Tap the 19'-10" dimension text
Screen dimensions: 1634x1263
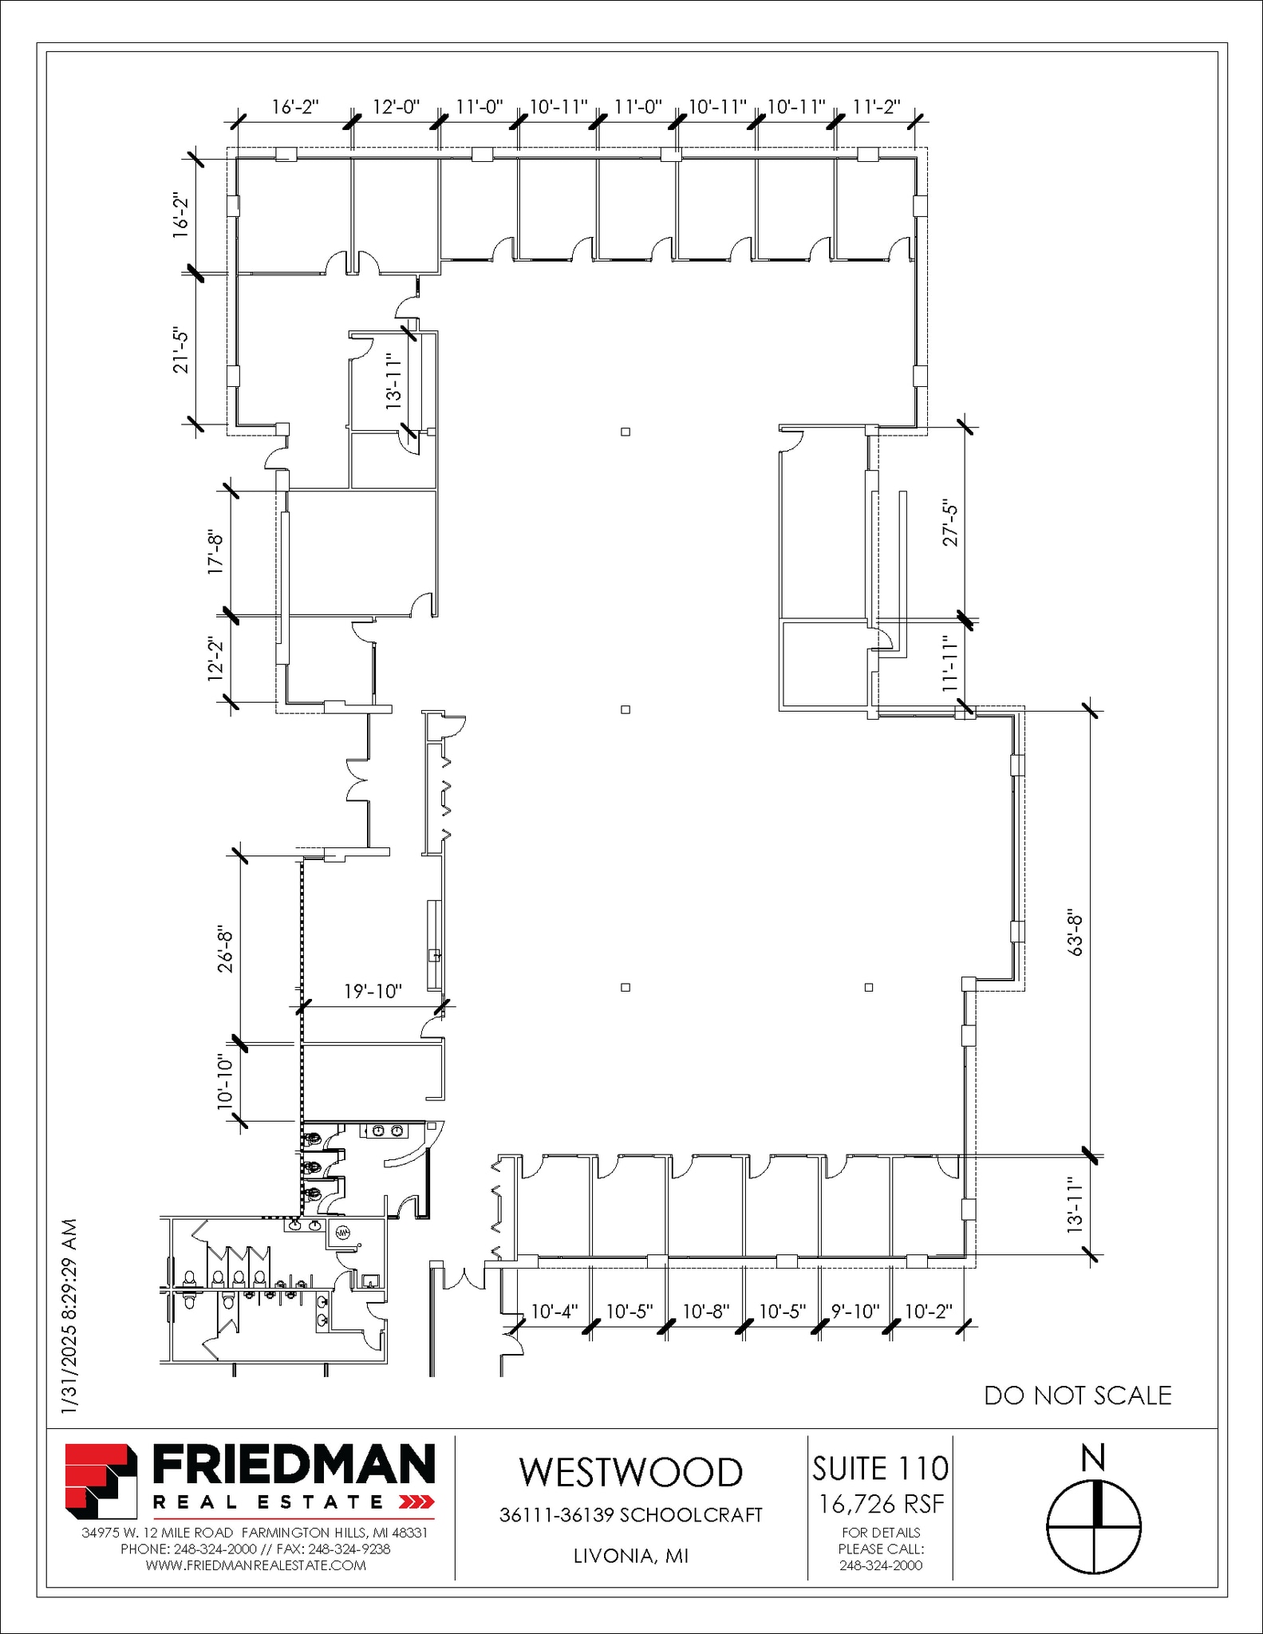373,992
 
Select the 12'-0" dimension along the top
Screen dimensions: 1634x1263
396,107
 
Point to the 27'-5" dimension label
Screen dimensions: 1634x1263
950,523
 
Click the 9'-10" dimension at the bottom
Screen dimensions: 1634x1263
854,1312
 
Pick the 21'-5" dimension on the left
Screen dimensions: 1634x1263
182,351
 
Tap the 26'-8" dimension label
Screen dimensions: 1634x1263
226,949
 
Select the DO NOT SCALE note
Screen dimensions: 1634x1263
1077,1395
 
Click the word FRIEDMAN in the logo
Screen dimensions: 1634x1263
294,1466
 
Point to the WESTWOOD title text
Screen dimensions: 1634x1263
630,1473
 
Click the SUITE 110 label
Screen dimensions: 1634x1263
880,1469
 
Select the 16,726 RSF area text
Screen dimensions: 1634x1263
881,1504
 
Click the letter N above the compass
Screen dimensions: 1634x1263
1092,1458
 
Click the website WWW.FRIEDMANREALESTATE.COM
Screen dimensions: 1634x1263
255,1565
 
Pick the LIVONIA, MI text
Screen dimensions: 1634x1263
630,1557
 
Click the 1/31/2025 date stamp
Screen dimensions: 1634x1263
70,1316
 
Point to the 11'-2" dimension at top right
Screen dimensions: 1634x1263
876,107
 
